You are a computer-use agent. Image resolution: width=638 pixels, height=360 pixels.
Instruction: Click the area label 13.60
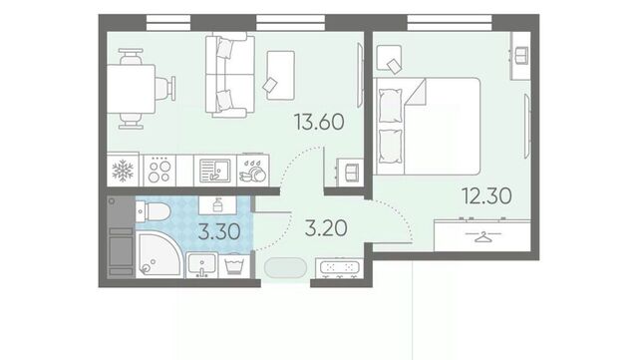319,122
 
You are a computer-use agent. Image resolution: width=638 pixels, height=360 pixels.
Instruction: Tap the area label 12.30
486,195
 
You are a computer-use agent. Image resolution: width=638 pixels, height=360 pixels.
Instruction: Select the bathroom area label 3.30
219,231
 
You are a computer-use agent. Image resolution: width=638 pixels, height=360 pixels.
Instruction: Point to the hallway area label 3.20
326,228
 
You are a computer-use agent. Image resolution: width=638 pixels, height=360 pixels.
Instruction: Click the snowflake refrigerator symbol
123,171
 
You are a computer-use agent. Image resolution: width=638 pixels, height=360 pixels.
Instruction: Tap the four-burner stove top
159,171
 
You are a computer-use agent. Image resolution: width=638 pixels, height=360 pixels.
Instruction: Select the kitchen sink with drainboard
215,171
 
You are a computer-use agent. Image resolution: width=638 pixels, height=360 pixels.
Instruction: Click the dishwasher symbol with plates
253,171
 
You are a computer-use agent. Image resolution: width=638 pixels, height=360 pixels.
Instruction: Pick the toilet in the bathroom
153,211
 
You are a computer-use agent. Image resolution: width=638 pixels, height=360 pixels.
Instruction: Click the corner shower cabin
158,254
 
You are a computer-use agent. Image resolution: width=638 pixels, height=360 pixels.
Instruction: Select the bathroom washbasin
201,264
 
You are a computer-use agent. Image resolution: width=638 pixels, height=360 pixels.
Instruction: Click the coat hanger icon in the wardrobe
482,236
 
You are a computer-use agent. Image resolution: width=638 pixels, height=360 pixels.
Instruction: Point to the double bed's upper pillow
390,106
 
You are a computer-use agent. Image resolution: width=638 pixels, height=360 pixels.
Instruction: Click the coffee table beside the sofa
280,75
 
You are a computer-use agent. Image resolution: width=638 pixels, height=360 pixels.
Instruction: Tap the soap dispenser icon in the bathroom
217,204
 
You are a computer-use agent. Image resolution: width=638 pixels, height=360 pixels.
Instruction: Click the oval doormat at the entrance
285,267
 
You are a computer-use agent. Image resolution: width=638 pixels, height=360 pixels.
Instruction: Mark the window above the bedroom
450,22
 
